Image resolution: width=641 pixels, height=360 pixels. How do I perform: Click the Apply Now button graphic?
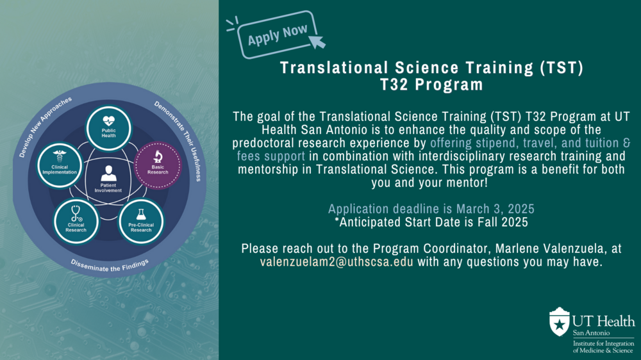tap(277, 35)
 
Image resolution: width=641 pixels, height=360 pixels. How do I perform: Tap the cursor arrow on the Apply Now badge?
tap(317, 41)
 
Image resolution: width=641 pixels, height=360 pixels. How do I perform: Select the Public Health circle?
tap(108, 128)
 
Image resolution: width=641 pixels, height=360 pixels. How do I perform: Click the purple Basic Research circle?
tap(158, 165)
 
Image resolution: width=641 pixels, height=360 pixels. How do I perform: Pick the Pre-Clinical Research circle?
tap(141, 222)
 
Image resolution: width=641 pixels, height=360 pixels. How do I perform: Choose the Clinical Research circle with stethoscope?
tap(76, 222)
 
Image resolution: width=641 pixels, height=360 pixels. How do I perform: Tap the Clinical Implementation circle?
tap(60, 165)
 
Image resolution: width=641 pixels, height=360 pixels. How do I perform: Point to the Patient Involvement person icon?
tap(108, 173)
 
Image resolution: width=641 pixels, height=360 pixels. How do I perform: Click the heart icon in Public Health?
tap(108, 121)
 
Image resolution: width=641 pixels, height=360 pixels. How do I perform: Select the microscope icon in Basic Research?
tap(158, 156)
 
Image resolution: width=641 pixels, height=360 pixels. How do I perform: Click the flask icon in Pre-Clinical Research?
tap(141, 215)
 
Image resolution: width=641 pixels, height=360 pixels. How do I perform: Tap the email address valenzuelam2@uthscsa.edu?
tap(337, 261)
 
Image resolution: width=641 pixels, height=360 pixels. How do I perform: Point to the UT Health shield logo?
tap(559, 322)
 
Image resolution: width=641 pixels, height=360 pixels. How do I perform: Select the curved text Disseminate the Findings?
tap(110, 266)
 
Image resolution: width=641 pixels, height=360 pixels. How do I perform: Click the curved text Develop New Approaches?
tap(45, 126)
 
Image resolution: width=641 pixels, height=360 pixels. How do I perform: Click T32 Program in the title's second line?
tap(431, 85)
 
